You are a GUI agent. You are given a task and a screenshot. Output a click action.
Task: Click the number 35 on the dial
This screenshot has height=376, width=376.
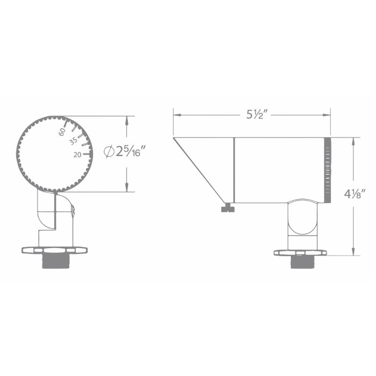[74, 142]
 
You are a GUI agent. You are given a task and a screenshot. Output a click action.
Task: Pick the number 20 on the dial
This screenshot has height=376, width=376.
[77, 154]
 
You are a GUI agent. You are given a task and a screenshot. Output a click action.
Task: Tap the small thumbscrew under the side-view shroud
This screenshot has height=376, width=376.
[228, 208]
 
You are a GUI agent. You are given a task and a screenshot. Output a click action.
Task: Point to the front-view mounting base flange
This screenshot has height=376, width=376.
[54, 250]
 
